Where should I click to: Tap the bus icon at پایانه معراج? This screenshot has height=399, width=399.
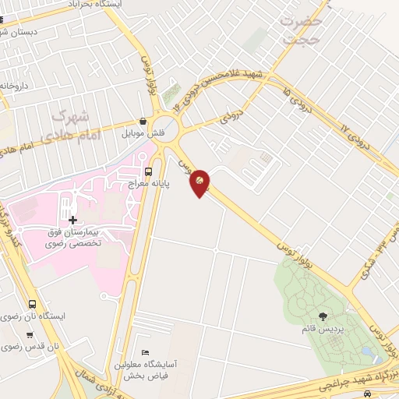tap(148, 171)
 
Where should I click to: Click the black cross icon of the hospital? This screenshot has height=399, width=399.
tap(73, 221)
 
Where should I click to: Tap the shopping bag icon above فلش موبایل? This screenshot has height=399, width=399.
tap(143, 122)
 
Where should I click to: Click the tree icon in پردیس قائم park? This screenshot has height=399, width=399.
tap(323, 316)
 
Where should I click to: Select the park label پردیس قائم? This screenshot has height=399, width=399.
tap(320, 329)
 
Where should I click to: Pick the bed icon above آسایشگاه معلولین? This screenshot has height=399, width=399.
tap(143, 351)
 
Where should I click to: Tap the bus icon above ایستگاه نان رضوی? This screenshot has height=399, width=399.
tap(32, 305)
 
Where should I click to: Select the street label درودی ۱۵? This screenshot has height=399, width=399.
tap(301, 101)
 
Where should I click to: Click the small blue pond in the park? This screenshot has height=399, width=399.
tap(365, 352)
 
